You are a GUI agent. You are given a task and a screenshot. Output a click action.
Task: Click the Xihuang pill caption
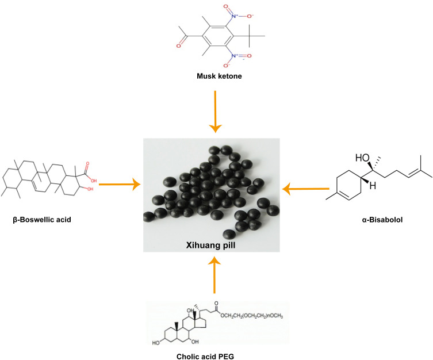tap(211, 244)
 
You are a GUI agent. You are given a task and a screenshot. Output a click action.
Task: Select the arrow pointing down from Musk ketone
tap(214, 118)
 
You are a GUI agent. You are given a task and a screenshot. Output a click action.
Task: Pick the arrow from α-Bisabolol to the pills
tap(308, 188)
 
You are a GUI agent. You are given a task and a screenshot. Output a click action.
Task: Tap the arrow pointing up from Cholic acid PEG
tap(214, 276)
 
